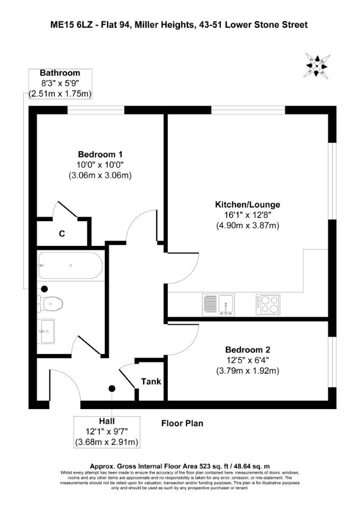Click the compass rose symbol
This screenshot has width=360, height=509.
pos(316,66)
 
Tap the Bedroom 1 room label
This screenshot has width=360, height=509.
pos(100,154)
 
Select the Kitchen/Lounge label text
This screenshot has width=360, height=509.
pos(248,205)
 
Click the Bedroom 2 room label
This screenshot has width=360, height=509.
pos(248,350)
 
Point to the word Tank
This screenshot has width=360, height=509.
pos(151,381)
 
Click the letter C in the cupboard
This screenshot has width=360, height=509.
pos(62,234)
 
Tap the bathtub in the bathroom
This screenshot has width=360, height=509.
pos(70,266)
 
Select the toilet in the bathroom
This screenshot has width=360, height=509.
pos(50,304)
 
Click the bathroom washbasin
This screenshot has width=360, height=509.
pos(46,331)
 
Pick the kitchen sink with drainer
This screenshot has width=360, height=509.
pos(218,305)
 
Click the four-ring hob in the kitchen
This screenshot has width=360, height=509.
pos(268,304)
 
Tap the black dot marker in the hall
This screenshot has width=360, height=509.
pos(112,388)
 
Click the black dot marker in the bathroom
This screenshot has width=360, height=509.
pos(45,288)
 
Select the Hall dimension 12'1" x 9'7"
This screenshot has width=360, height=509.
pos(106,432)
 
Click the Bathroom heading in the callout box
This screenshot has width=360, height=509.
pos(60,72)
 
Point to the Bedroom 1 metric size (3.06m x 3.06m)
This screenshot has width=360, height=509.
pos(100,175)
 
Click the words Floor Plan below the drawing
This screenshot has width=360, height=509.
pos(182,423)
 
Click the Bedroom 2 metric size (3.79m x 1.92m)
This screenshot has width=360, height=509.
pos(248,370)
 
